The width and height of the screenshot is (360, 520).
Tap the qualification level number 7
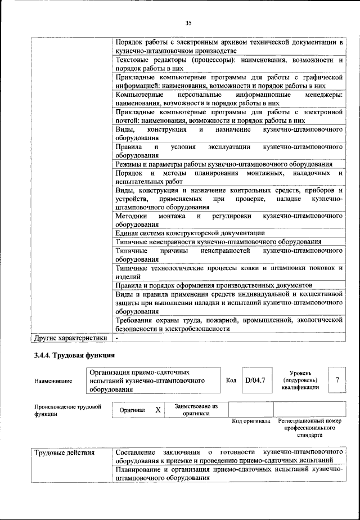pos(337,380)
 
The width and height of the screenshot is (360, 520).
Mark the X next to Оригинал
pos(158,410)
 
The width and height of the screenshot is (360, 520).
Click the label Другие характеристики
pos(70,338)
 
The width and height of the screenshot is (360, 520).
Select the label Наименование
pos(53,381)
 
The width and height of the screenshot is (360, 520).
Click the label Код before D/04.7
pos(231,380)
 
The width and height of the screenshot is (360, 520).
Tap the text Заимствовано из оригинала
pos(196,410)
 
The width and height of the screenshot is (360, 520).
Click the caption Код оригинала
pos(250,422)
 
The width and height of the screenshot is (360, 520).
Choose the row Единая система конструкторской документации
pos(190,232)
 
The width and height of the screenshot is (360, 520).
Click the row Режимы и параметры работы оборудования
pos(223,164)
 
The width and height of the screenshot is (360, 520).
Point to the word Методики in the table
pos(132,216)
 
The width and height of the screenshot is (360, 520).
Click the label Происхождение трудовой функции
pos(67,410)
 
